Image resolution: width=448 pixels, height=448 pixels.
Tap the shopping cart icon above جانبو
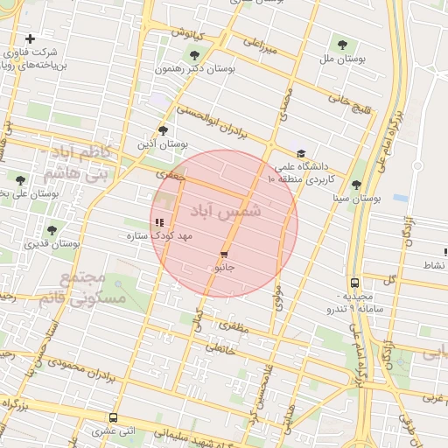point(224,254)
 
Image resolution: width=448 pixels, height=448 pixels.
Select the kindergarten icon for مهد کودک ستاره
point(158,223)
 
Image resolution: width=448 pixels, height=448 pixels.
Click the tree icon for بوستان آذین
point(163,130)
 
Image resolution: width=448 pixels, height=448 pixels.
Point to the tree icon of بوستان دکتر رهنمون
point(193,56)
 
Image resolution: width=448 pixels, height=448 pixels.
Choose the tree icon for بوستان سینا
point(356,185)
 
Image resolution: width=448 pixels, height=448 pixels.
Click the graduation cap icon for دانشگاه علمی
point(301,153)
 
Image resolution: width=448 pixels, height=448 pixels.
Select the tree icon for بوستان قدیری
point(52,230)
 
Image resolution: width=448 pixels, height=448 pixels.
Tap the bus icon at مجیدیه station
point(354,283)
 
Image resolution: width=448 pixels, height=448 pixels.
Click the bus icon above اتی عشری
point(113,417)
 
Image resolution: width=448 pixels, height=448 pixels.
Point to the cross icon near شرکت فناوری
point(31,38)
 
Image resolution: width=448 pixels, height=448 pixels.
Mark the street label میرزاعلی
point(260,45)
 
